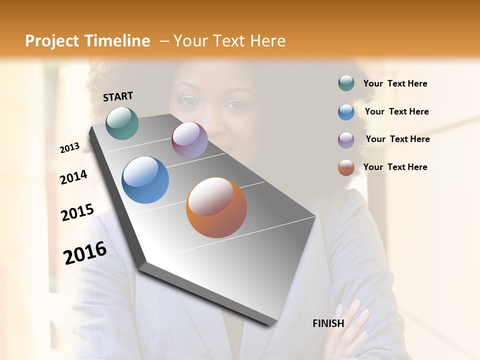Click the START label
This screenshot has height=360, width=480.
pos(118,96)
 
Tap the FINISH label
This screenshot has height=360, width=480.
pos(328,323)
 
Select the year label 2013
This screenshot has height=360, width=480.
pos(70,148)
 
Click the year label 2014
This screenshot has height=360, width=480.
pos(73,177)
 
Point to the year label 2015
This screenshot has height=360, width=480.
pos(77,212)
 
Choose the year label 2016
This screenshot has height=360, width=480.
pos(85,252)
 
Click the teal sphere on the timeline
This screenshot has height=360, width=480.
pos(122,123)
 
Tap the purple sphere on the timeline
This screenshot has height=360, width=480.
pos(189,140)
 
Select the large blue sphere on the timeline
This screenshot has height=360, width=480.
pos(145,180)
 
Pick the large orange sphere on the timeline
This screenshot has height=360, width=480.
pos(216,207)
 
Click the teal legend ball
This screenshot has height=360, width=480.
pos(346,83)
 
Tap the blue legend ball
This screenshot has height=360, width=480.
pos(346,112)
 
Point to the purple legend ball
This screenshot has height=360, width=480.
pos(346,140)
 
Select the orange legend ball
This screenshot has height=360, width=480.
pos(346,167)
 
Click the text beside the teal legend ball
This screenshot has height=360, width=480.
pos(395,84)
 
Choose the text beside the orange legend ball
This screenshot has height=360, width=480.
pos(395,167)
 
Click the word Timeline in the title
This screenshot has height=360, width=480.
pos(118,41)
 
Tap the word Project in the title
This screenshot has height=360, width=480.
pos(52,41)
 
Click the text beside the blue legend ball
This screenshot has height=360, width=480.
pos(396,111)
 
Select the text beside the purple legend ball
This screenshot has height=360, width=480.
pos(397,139)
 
